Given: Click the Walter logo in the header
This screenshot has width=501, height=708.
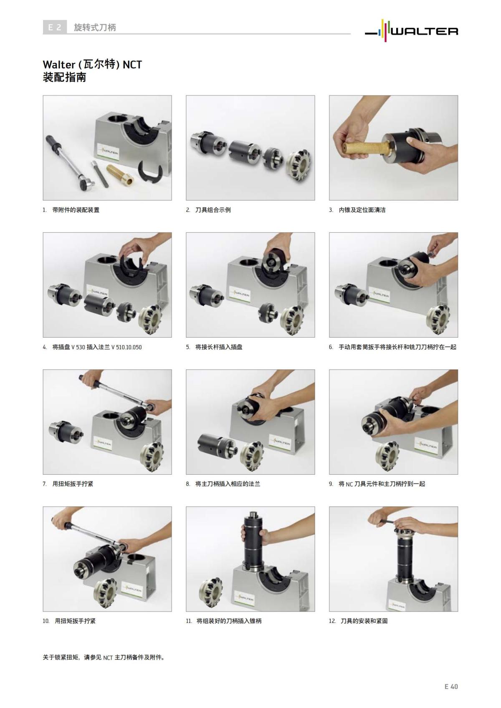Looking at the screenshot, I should click(x=411, y=30).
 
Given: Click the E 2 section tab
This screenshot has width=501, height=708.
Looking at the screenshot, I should click(x=55, y=28).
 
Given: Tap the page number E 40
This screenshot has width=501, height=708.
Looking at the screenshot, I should click(x=451, y=686).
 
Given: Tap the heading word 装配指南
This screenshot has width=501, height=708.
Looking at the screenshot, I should click(x=64, y=77).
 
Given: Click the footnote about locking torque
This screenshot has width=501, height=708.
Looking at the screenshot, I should click(x=104, y=658).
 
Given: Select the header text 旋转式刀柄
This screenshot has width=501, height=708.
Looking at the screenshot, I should click(x=95, y=28).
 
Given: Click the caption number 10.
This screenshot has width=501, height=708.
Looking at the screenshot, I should click(x=46, y=621).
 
